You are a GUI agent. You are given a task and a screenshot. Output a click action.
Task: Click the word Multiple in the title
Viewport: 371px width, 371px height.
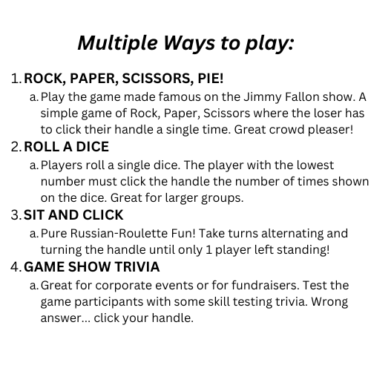[x=118, y=44]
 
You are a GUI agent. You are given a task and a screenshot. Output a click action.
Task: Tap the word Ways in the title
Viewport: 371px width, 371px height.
[x=189, y=44]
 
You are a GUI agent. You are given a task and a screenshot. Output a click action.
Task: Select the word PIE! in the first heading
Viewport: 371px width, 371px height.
[x=211, y=79]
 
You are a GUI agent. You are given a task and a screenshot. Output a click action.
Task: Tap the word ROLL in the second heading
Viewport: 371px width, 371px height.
[x=42, y=147]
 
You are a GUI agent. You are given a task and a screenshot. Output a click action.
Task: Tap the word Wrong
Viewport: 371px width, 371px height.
[x=329, y=302]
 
